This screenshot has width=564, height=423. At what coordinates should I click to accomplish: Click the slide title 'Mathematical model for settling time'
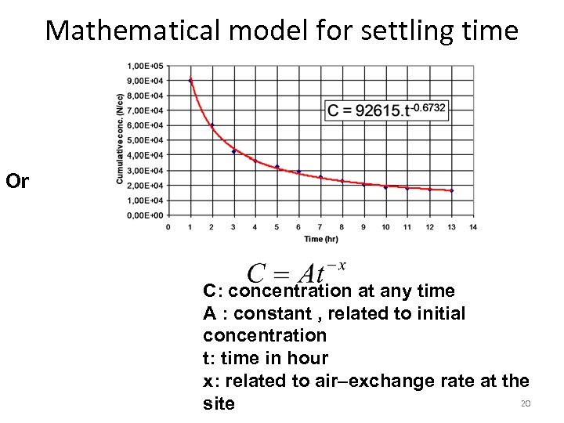coord(282,31)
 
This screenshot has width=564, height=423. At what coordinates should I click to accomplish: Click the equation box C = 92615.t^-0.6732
coord(387,110)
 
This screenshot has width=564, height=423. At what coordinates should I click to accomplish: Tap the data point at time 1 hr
coord(190,80)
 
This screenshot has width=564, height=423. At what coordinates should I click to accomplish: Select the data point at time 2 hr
coord(211,125)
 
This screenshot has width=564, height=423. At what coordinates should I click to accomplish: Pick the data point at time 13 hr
coord(451,190)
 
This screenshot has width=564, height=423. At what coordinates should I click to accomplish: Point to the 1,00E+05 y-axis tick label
coord(146,65)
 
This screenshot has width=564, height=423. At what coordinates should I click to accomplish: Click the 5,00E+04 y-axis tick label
coord(146,140)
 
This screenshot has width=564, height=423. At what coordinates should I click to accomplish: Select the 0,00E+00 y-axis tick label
coord(146,215)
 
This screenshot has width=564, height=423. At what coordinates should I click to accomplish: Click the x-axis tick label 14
coord(472,227)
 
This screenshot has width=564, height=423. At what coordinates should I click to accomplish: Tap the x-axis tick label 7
coord(320,227)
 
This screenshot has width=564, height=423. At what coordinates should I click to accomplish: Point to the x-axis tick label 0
coord(168,227)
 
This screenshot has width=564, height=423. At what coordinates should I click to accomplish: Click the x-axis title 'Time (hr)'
coord(320,238)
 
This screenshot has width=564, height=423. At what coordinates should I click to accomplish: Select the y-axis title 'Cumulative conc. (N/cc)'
coord(120,139)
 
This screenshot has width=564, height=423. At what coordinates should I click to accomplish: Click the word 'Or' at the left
coord(17,182)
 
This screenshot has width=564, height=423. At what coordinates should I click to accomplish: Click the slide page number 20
coord(526,403)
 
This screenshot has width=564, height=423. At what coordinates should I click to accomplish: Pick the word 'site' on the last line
coord(219,403)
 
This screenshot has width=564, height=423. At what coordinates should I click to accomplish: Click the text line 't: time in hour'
coord(265,358)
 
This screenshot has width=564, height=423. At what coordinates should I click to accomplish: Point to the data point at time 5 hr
coord(277,167)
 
